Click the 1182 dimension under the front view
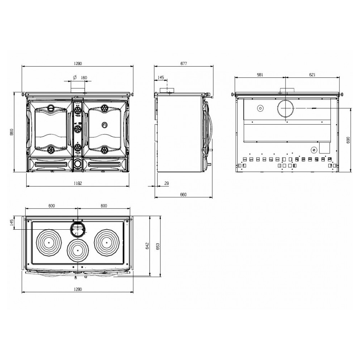(78, 183)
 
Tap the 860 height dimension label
(12, 132)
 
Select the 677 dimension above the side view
(184, 63)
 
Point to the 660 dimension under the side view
(183, 194)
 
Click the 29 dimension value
(167, 183)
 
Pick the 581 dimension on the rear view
(260, 75)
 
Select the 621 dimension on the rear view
(312, 75)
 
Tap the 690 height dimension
(348, 140)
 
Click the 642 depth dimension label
(147, 246)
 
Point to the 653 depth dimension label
(158, 247)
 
